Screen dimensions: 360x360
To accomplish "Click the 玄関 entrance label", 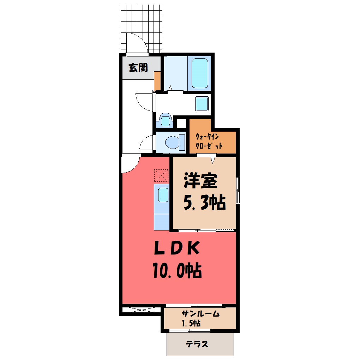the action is tap(138, 68).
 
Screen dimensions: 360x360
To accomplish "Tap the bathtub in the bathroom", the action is tap(200, 73).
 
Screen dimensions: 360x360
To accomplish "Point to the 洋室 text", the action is tap(200, 181).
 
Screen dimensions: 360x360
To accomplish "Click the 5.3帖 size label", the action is tap(205, 203).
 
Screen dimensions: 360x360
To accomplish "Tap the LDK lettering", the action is tap(177, 248).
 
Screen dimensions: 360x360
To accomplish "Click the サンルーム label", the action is tap(200, 314).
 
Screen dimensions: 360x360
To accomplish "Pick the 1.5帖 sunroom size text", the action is tap(191, 323).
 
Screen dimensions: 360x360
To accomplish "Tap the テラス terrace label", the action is tap(197, 344).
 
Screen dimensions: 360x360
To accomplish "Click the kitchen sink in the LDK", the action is tap(163, 195).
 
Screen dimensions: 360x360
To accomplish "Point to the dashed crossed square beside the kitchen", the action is tap(161, 176).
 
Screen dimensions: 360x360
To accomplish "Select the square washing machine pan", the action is tap(202, 104).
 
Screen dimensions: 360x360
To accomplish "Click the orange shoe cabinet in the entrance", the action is tap(157, 81).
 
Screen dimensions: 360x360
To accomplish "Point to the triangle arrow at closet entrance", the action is tap(213, 160).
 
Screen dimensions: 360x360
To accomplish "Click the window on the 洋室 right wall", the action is tap(238, 190).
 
